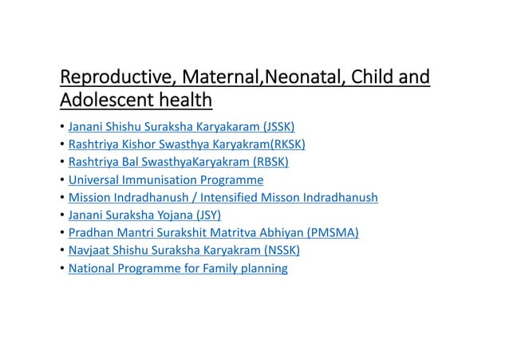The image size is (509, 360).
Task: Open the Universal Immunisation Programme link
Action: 166,180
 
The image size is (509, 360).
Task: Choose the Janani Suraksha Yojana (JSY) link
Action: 144,215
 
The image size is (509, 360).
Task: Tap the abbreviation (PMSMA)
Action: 329,233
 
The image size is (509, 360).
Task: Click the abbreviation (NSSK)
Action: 274,251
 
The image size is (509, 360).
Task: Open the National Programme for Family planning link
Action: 178,268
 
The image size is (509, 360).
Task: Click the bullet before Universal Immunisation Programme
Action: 62,180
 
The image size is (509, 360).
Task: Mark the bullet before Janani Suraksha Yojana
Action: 62,216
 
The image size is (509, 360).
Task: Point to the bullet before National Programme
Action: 62,269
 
